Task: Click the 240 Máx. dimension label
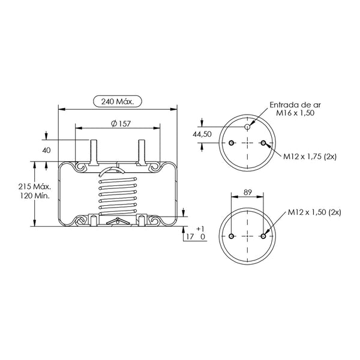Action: pos(118,101)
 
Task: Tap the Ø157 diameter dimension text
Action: pos(121,124)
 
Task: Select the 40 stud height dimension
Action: pos(46,151)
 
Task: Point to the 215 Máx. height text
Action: pos(35,187)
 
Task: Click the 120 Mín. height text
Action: pos(35,196)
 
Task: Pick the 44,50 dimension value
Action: pos(202,134)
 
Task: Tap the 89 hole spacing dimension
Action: pos(247,192)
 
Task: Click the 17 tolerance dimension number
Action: pos(190,236)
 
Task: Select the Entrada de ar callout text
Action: pos(295,105)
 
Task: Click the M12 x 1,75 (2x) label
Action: pos(310,157)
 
